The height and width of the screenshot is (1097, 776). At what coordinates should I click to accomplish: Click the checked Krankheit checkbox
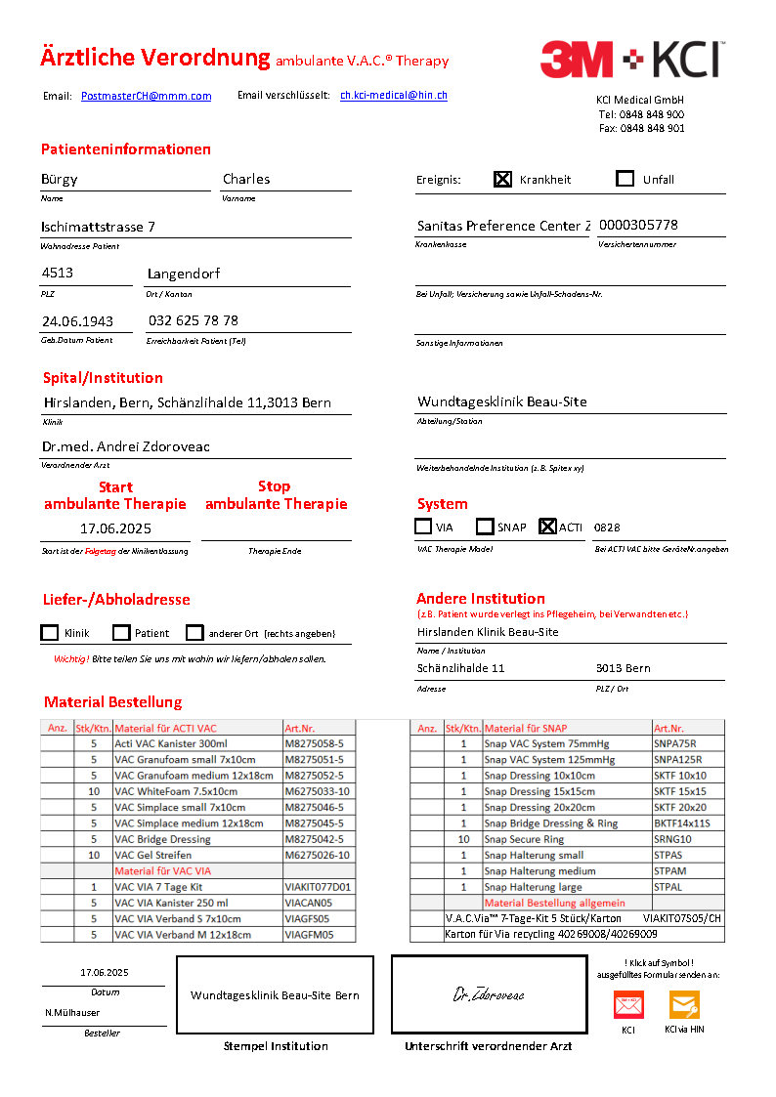(502, 179)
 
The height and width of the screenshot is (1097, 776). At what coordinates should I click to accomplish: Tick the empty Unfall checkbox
(625, 179)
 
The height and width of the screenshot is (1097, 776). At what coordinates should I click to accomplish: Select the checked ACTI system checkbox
(547, 527)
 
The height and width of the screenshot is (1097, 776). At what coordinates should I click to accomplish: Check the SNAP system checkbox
(485, 527)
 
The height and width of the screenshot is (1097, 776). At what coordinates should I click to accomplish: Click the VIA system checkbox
(423, 527)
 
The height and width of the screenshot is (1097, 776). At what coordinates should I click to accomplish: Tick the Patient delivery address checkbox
(121, 633)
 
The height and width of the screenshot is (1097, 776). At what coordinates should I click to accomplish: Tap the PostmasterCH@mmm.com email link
(146, 96)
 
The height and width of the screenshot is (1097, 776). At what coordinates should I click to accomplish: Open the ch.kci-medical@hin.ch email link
(394, 96)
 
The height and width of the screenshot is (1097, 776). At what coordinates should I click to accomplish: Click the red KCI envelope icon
(628, 1005)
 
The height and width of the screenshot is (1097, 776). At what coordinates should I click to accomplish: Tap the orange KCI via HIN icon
(684, 1005)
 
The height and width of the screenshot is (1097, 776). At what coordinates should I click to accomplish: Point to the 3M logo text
(578, 60)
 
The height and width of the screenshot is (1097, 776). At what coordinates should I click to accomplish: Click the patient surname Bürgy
(60, 179)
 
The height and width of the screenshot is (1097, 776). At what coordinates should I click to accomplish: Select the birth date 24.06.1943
(77, 320)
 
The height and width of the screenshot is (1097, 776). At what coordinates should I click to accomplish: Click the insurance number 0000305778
(638, 225)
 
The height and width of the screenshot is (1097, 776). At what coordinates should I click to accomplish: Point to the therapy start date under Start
(115, 528)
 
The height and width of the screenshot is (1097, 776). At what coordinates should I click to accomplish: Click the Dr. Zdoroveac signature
(489, 995)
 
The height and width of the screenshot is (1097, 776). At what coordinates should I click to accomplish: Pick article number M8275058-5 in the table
(314, 743)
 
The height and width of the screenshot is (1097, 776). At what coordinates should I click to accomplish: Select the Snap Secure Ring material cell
(524, 839)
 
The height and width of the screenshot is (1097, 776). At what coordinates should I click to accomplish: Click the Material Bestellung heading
(112, 702)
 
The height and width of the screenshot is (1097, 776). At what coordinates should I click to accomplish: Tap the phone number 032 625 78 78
(193, 320)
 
